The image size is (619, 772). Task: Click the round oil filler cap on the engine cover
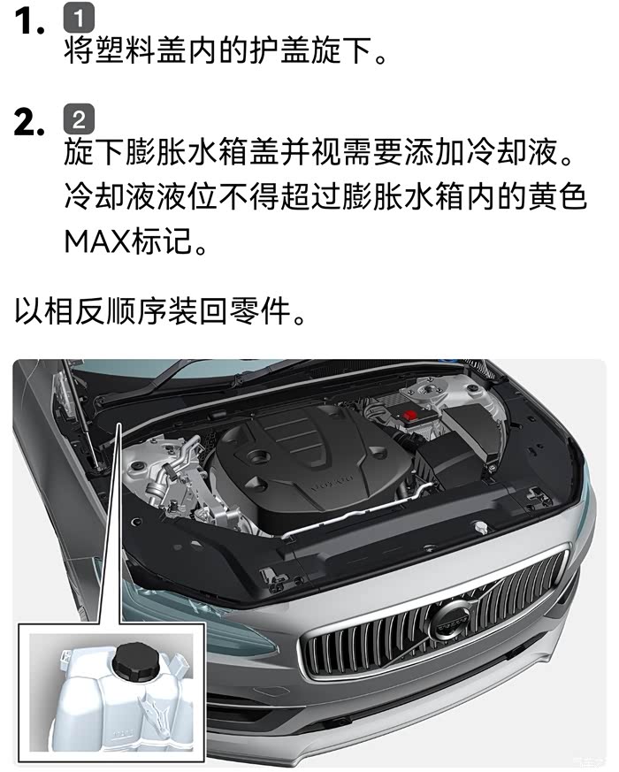(x=258, y=457)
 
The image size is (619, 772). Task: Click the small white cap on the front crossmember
(x=480, y=527)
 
